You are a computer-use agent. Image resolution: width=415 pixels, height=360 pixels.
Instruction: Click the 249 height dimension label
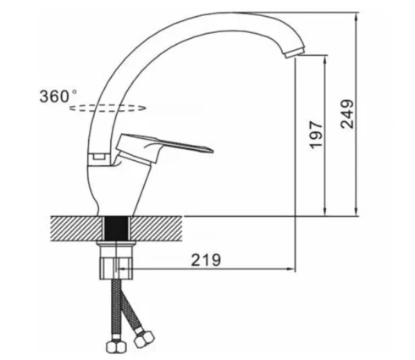tap(347, 114)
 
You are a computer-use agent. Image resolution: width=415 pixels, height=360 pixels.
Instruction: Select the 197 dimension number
tap(316, 135)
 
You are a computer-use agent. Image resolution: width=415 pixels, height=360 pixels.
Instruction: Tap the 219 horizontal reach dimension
tap(206, 260)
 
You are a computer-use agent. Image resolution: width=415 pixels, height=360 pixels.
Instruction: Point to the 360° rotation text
tap(58, 96)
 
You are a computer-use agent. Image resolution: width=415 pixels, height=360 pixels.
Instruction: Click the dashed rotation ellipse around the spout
tap(108, 108)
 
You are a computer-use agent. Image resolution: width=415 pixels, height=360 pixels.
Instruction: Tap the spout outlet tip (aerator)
tap(295, 53)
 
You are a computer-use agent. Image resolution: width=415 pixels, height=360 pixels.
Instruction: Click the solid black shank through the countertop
tap(117, 229)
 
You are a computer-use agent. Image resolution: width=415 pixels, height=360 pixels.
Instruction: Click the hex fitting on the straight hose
tap(116, 346)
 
